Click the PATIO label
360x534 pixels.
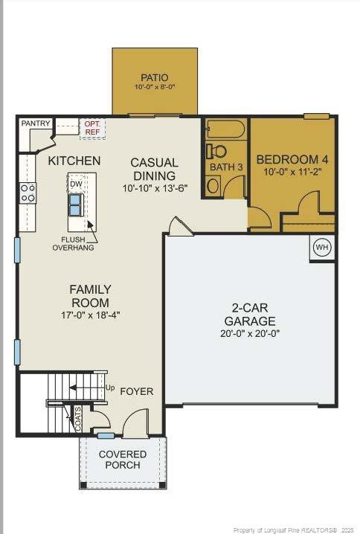tap(155, 77)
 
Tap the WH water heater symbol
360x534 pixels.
tap(321, 248)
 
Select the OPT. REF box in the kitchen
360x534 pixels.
tap(92, 128)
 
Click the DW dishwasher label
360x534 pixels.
tap(76, 183)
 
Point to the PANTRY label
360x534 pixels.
tap(36, 123)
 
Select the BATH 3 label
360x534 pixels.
tap(226, 167)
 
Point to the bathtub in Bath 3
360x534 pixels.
tap(225, 129)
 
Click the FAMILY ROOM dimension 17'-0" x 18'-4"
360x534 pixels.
tap(90, 315)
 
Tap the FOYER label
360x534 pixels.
tap(137, 391)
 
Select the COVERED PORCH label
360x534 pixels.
tap(123, 460)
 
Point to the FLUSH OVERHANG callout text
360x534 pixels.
tap(73, 243)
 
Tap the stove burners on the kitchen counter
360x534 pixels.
tap(28, 193)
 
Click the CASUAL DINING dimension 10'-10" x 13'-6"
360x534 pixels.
tap(154, 189)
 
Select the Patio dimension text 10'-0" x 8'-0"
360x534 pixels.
tap(155, 88)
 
